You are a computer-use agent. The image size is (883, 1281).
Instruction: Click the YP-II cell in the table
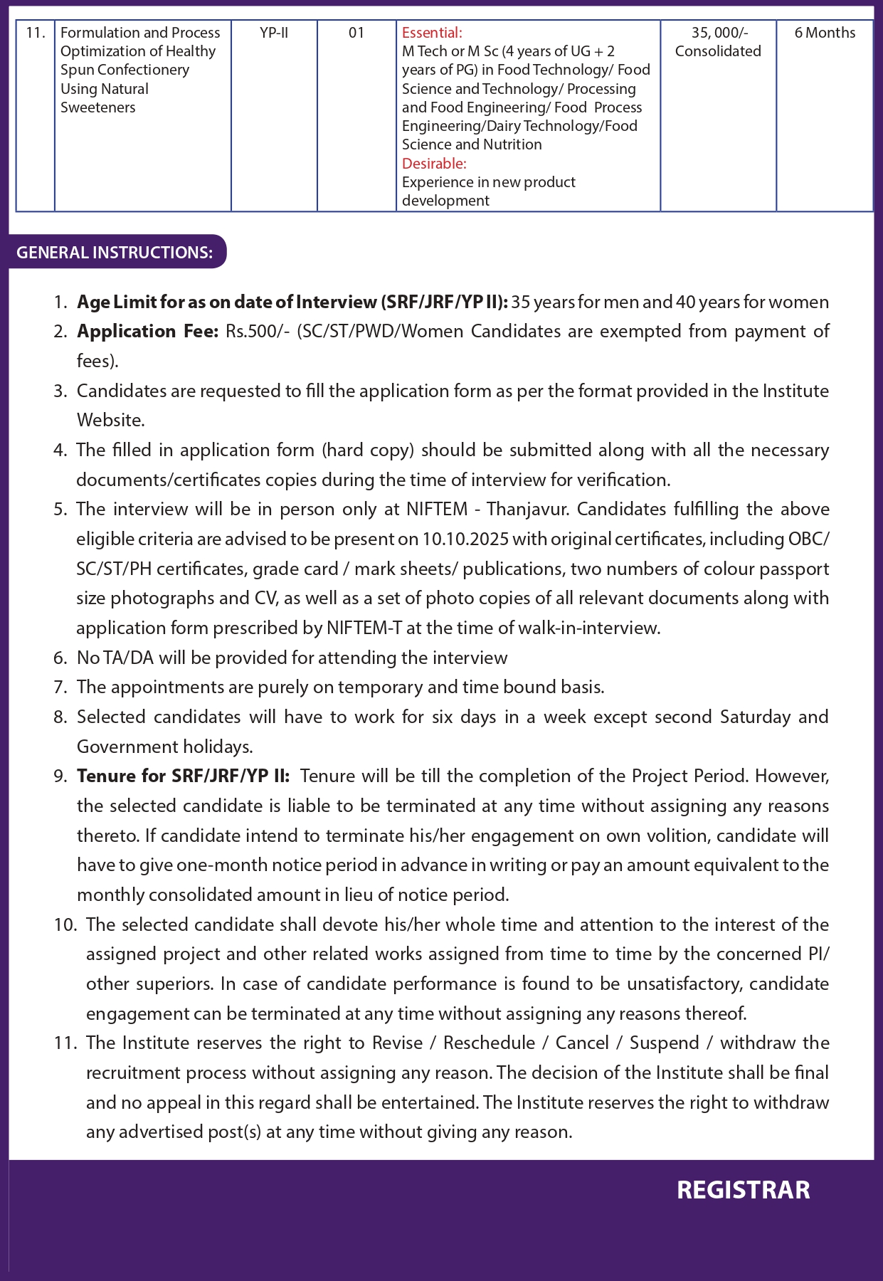point(274,33)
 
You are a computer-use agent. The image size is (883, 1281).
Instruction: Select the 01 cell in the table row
point(356,33)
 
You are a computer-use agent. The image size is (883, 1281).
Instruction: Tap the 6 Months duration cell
point(825,33)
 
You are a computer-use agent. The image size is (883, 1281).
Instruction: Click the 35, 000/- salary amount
point(719,33)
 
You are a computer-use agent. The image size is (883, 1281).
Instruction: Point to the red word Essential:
point(432,33)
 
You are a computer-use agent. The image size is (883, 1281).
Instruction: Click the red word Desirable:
point(434,164)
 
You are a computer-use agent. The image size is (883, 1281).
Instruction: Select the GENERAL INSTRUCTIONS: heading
point(115,253)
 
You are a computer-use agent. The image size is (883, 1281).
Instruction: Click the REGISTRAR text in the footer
point(743,1190)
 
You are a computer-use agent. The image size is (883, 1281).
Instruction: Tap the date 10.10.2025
point(465,539)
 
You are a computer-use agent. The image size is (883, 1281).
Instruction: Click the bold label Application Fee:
point(147,332)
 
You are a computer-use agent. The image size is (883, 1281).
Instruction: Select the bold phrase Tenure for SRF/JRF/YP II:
point(184,776)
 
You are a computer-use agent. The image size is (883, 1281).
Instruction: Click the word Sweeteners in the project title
point(98,107)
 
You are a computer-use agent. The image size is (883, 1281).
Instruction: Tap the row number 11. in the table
point(36,33)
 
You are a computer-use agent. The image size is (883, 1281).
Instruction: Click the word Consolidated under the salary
point(718,51)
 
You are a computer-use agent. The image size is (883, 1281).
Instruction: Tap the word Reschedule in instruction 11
point(489,1043)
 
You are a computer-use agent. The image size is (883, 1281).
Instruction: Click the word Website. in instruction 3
point(110,421)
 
